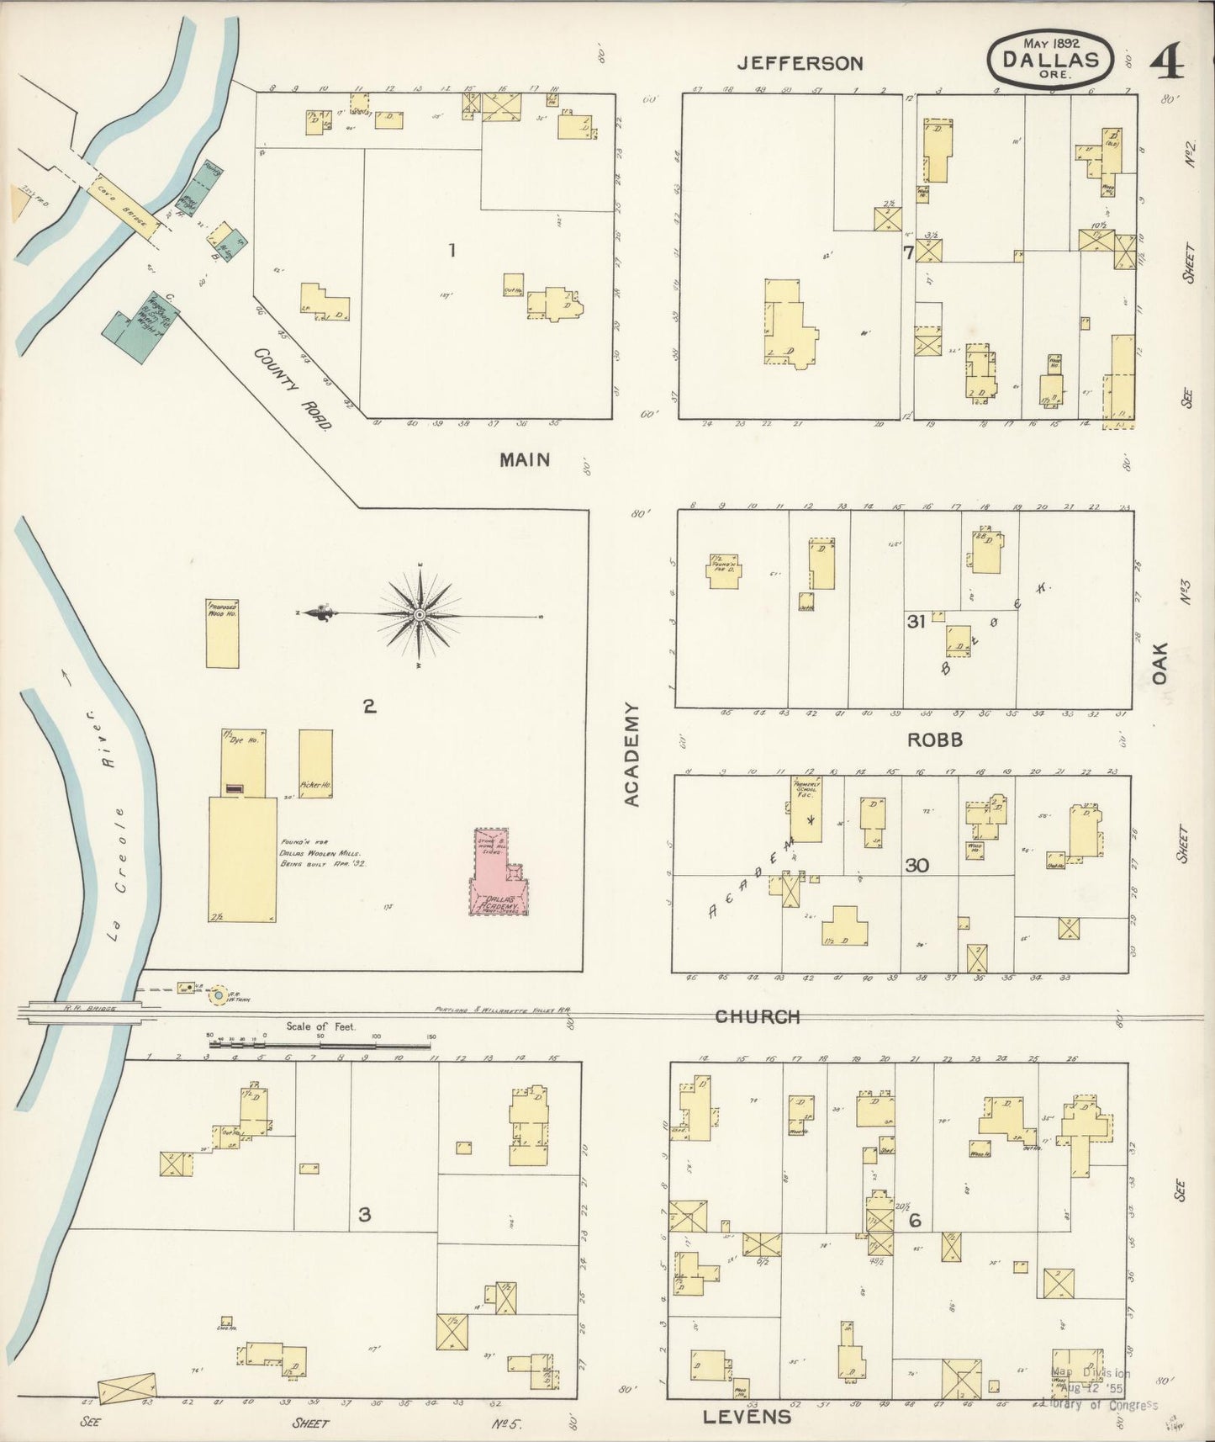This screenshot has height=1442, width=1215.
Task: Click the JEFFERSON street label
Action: coord(800,63)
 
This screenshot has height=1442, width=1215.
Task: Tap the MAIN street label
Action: coord(525,459)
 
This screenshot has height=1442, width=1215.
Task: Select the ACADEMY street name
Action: coord(632,755)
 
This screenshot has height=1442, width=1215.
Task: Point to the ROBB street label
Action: coord(934,740)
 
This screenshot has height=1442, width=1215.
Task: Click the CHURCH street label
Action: coord(757,1017)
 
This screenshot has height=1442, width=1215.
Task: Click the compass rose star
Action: coord(419,617)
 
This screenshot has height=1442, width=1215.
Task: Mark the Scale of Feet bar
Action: coord(321,1044)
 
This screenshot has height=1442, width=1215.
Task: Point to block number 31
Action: coord(916,622)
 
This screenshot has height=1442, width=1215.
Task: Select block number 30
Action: coord(917,865)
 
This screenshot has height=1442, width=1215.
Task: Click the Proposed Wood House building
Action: coord(222,633)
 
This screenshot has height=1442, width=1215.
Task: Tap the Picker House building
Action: coord(315,763)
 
